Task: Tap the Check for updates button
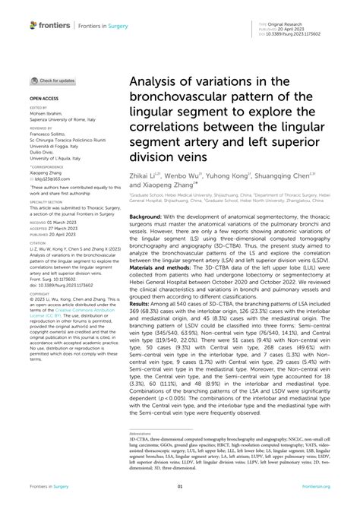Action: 52,81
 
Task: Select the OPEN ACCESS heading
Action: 45,99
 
